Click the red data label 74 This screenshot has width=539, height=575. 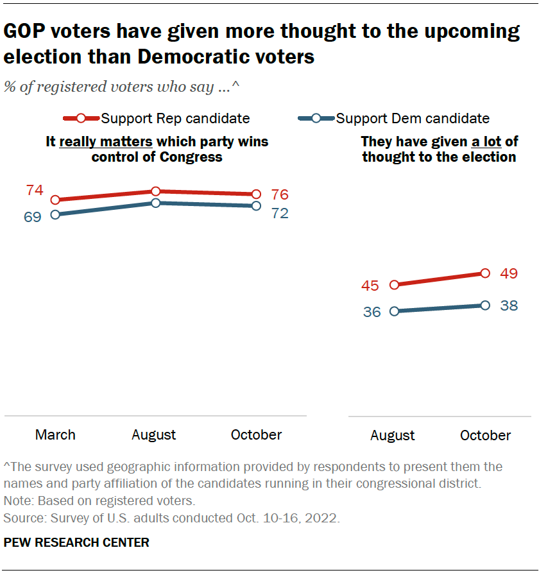35,191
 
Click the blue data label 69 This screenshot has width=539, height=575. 33,217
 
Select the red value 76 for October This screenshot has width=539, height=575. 280,194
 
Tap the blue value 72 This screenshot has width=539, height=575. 280,214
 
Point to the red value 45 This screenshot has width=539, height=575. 370,286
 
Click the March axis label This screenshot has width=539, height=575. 55,434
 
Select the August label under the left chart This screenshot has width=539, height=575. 154,434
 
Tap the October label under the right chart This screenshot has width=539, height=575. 486,435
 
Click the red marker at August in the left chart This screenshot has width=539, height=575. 155,191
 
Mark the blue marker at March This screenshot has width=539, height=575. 55,214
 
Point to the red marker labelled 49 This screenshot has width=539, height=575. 485,273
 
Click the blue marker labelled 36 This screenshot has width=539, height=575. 395,311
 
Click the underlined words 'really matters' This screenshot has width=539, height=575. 105,141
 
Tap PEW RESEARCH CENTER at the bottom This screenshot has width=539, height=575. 76,542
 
